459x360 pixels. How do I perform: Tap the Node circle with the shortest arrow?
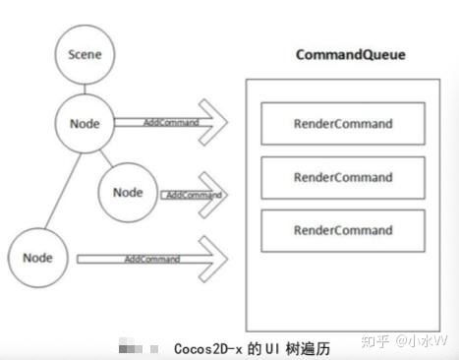coord(128,193)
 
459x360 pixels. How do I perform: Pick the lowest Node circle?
coord(36,258)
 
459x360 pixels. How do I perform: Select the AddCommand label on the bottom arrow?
coord(151,259)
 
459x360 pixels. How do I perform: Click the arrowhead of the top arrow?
coord(216,123)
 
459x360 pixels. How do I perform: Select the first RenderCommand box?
coord(342,124)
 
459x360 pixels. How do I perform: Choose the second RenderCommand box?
coord(342,177)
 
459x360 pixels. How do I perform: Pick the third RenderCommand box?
coord(342,230)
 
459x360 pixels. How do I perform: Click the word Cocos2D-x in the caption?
coord(207,348)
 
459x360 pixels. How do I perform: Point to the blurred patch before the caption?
coord(138,348)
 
